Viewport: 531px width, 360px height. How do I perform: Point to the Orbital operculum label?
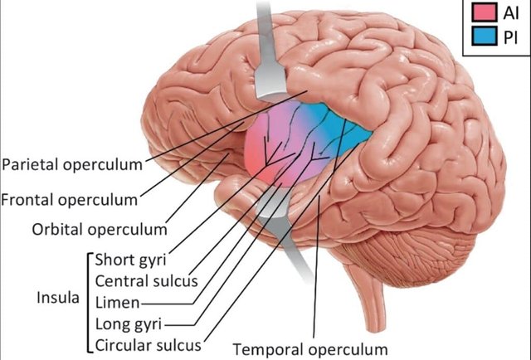click(99, 228)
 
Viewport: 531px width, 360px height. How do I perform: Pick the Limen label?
click(117, 301)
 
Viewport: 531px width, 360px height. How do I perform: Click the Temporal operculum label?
click(310, 348)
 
